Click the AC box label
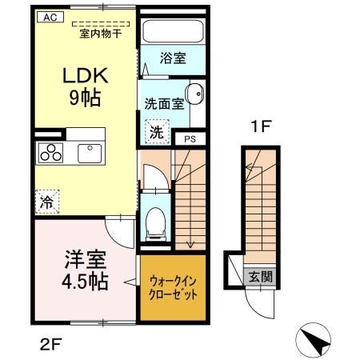(48, 16)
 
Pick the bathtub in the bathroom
(174, 33)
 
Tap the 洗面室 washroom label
(164, 103)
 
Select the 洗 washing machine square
(156, 130)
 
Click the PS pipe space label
(190, 138)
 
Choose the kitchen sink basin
(88, 152)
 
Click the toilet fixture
(156, 221)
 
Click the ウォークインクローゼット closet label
(173, 287)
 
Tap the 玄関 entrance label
(259, 278)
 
